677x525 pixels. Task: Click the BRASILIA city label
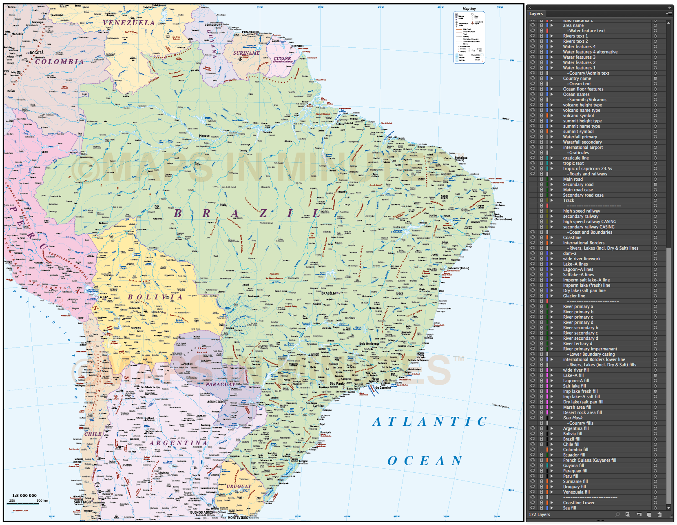tap(329, 293)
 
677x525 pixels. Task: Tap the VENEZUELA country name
tap(129, 23)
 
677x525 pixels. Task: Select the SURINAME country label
tap(246, 53)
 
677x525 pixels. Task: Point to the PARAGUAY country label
tap(220, 384)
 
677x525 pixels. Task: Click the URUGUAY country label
tap(239, 486)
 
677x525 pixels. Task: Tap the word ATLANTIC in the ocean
tap(430, 421)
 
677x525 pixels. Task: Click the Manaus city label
tap(204, 136)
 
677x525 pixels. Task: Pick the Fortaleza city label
tap(461, 158)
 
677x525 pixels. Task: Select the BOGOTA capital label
tap(36, 53)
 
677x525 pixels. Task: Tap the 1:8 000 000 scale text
tap(24, 496)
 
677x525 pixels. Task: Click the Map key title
tap(469, 9)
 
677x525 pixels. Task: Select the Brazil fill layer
tap(571, 439)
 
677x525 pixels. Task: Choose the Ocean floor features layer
tap(583, 89)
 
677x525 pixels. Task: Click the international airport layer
tap(583, 147)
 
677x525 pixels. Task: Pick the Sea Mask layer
tap(573, 418)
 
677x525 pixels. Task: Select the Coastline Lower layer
tap(578, 503)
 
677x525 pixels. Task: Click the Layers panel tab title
tap(536, 13)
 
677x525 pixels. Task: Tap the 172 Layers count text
tap(539, 514)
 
